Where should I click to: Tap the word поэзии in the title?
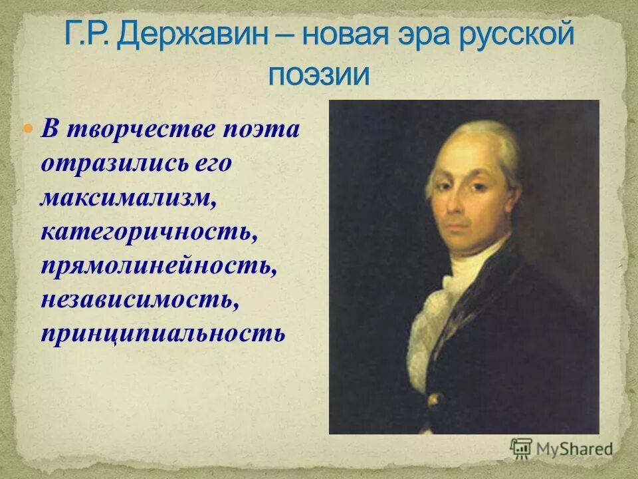[x=318, y=75]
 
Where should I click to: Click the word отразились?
[x=110, y=162]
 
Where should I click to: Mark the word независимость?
[x=139, y=299]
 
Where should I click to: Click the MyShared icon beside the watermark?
[x=520, y=448]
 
